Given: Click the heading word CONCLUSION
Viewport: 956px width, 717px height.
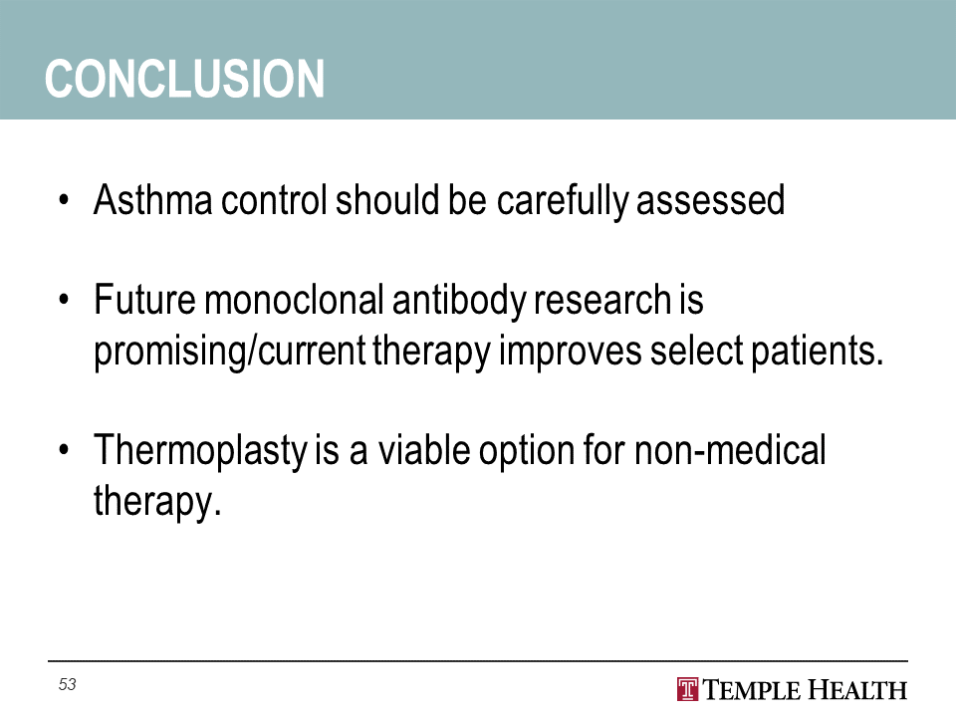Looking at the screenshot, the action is coord(184,79).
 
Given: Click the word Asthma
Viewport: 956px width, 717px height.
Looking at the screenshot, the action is coord(153,199).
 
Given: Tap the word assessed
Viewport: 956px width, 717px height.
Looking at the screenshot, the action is coord(710,199).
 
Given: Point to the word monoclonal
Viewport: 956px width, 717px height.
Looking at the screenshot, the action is coord(294,300).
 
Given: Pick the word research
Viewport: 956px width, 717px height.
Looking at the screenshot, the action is coord(603,300).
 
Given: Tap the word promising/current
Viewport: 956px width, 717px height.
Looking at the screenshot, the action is coord(230,353).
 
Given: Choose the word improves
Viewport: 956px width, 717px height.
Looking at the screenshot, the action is coord(570,353).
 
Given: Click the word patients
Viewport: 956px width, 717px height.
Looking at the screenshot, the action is coord(817,353).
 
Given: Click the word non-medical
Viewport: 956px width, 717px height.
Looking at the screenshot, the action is coord(730,449).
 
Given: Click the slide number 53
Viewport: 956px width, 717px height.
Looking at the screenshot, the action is coord(67,685).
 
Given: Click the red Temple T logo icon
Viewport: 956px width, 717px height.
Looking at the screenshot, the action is coord(688,689).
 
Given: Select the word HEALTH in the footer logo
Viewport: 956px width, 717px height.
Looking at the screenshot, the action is coord(857,690).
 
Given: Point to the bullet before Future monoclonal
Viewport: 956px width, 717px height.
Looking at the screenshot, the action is coord(64,300).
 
